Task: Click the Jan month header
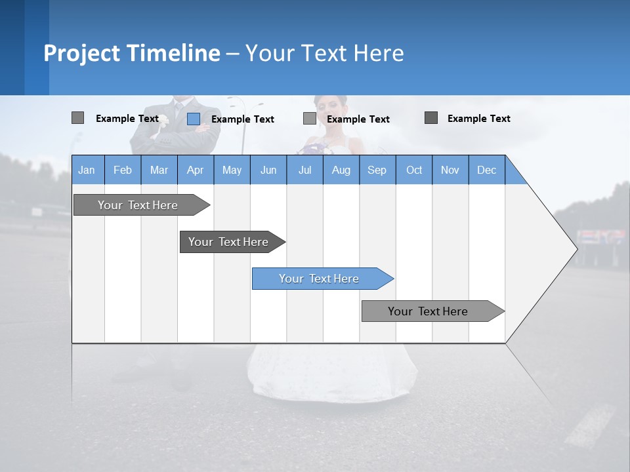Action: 87,170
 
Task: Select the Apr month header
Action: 196,170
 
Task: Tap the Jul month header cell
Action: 304,170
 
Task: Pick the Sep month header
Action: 377,170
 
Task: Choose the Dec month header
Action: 486,170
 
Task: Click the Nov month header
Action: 450,170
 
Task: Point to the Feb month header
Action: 123,170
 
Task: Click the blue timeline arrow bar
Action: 320,279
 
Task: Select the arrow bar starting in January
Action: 138,205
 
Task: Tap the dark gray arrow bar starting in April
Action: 229,242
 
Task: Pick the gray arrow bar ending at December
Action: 429,311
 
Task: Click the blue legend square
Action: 193,119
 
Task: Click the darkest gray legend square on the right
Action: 431,118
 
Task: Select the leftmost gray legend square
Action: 77,118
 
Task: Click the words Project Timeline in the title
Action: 131,53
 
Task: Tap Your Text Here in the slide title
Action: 324,53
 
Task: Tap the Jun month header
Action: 268,170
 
